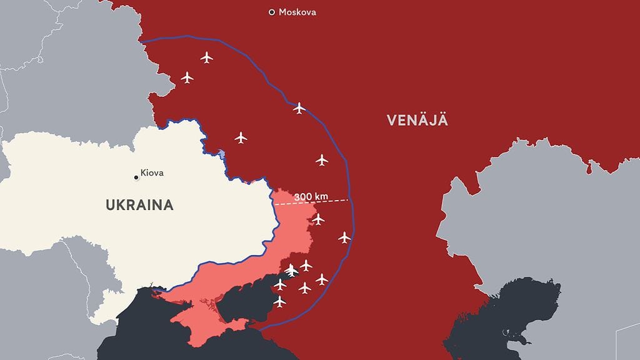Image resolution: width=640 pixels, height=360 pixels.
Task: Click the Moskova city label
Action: click(297, 12)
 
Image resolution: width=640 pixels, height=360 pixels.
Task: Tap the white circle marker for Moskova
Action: click(271, 12)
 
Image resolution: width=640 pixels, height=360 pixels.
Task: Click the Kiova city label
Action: click(152, 172)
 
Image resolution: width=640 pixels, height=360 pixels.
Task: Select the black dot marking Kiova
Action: click(136, 177)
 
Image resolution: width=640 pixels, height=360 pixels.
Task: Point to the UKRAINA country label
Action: click(139, 205)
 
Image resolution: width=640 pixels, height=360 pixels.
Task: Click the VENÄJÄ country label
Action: click(417, 121)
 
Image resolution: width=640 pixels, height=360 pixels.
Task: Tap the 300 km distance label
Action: click(311, 197)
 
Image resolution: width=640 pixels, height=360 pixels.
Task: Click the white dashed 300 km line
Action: click(331, 201)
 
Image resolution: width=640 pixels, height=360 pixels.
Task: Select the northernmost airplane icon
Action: click(207, 57)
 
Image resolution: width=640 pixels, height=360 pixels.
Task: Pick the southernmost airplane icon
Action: click(279, 302)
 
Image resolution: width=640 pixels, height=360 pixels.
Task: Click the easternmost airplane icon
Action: click(344, 237)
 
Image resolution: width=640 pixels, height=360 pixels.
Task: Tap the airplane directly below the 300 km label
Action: click(318, 219)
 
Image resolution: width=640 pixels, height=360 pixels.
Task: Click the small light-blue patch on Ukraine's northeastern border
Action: click(222, 154)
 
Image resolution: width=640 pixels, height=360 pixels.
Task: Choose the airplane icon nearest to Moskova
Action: click(207, 57)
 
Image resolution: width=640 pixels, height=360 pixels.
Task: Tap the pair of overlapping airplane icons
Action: click(291, 271)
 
